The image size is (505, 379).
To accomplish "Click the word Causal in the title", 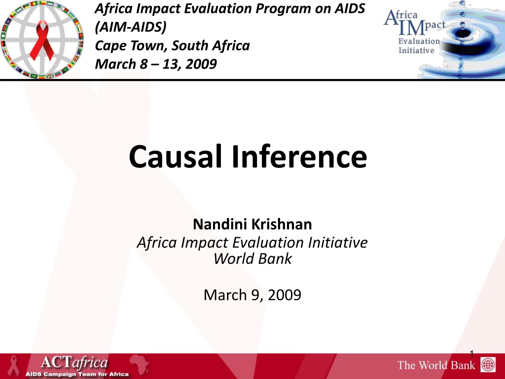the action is pos(176,156).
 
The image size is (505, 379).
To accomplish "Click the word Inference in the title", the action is pos(299,156).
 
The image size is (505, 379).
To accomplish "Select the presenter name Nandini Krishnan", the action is pos(252,224).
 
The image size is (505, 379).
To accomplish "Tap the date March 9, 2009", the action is pos(252,295).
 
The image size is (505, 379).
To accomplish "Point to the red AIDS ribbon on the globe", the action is pos(42,40).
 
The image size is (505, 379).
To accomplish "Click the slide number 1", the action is pos(472,354).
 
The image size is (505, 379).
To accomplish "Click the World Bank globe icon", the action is pos(488,365).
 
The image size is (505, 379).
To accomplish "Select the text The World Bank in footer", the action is pos(436,365).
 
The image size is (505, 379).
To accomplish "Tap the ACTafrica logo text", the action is pos(74,363).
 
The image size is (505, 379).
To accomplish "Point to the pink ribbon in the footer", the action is pos(13,366).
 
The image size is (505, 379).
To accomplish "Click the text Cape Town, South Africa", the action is pos(172,45).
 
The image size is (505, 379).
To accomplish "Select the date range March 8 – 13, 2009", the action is pos(156,64).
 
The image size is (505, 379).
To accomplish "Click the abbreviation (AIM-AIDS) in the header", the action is pos(131,27).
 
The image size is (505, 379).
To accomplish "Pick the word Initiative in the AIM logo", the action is pos(416,50).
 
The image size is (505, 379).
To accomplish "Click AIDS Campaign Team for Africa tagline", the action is pos(77,374).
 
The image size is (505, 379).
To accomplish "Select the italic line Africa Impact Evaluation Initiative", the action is pos(252,242).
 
